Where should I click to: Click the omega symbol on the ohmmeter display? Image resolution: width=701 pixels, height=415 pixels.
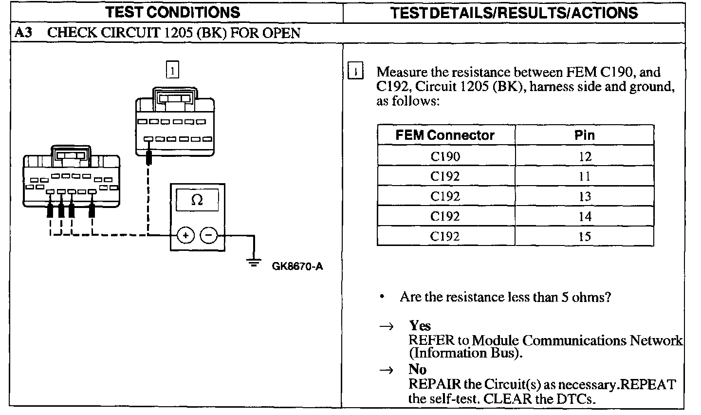[197, 200]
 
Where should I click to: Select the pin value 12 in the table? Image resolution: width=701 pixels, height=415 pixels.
[585, 156]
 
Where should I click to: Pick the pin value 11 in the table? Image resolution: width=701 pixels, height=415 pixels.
[585, 176]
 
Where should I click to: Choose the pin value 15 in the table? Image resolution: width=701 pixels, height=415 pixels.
[585, 237]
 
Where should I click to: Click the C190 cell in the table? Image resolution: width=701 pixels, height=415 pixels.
[445, 156]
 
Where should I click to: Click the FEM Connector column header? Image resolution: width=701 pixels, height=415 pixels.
[445, 135]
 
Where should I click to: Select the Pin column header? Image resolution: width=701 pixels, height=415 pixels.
[585, 135]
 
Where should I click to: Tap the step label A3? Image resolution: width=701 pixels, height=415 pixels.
[23, 33]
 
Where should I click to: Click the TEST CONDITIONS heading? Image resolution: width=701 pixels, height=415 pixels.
[173, 12]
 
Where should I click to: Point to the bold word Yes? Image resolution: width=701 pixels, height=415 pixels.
[420, 325]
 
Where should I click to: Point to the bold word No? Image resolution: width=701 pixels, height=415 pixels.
[418, 370]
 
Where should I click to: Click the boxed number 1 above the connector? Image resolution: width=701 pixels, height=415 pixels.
[172, 71]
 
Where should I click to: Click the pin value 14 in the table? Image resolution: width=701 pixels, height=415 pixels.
[585, 216]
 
